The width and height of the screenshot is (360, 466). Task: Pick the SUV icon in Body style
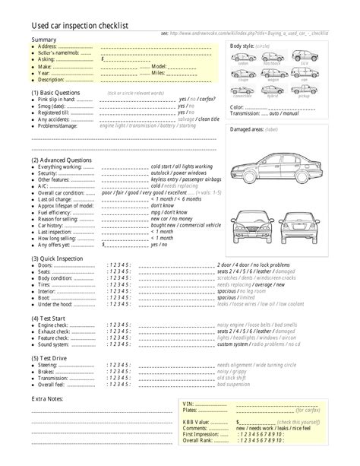(x=304, y=57)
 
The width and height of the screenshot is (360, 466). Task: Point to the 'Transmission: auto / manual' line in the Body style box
(x=261, y=113)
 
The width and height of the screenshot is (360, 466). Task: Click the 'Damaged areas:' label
(x=246, y=130)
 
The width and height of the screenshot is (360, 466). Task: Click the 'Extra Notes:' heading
(x=47, y=398)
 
